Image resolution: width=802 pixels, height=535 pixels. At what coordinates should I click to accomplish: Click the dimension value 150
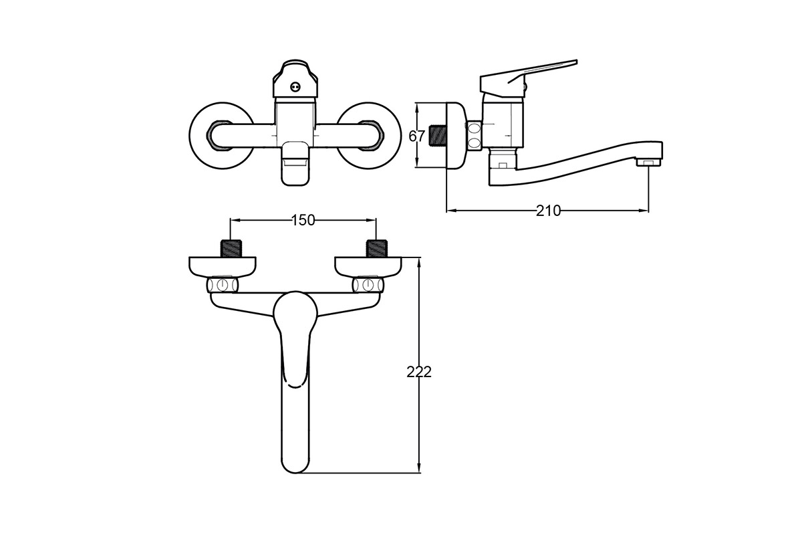coord(303,221)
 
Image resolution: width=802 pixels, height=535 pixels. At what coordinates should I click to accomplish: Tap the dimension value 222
coord(419,372)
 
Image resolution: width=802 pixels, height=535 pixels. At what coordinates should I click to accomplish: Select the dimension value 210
coord(548,211)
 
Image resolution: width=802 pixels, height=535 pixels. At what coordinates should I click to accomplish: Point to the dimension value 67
coord(417,136)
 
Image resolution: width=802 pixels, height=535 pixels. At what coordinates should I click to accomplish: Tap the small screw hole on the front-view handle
coord(295,86)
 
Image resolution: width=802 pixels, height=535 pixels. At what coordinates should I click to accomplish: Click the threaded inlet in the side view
coord(438,136)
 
